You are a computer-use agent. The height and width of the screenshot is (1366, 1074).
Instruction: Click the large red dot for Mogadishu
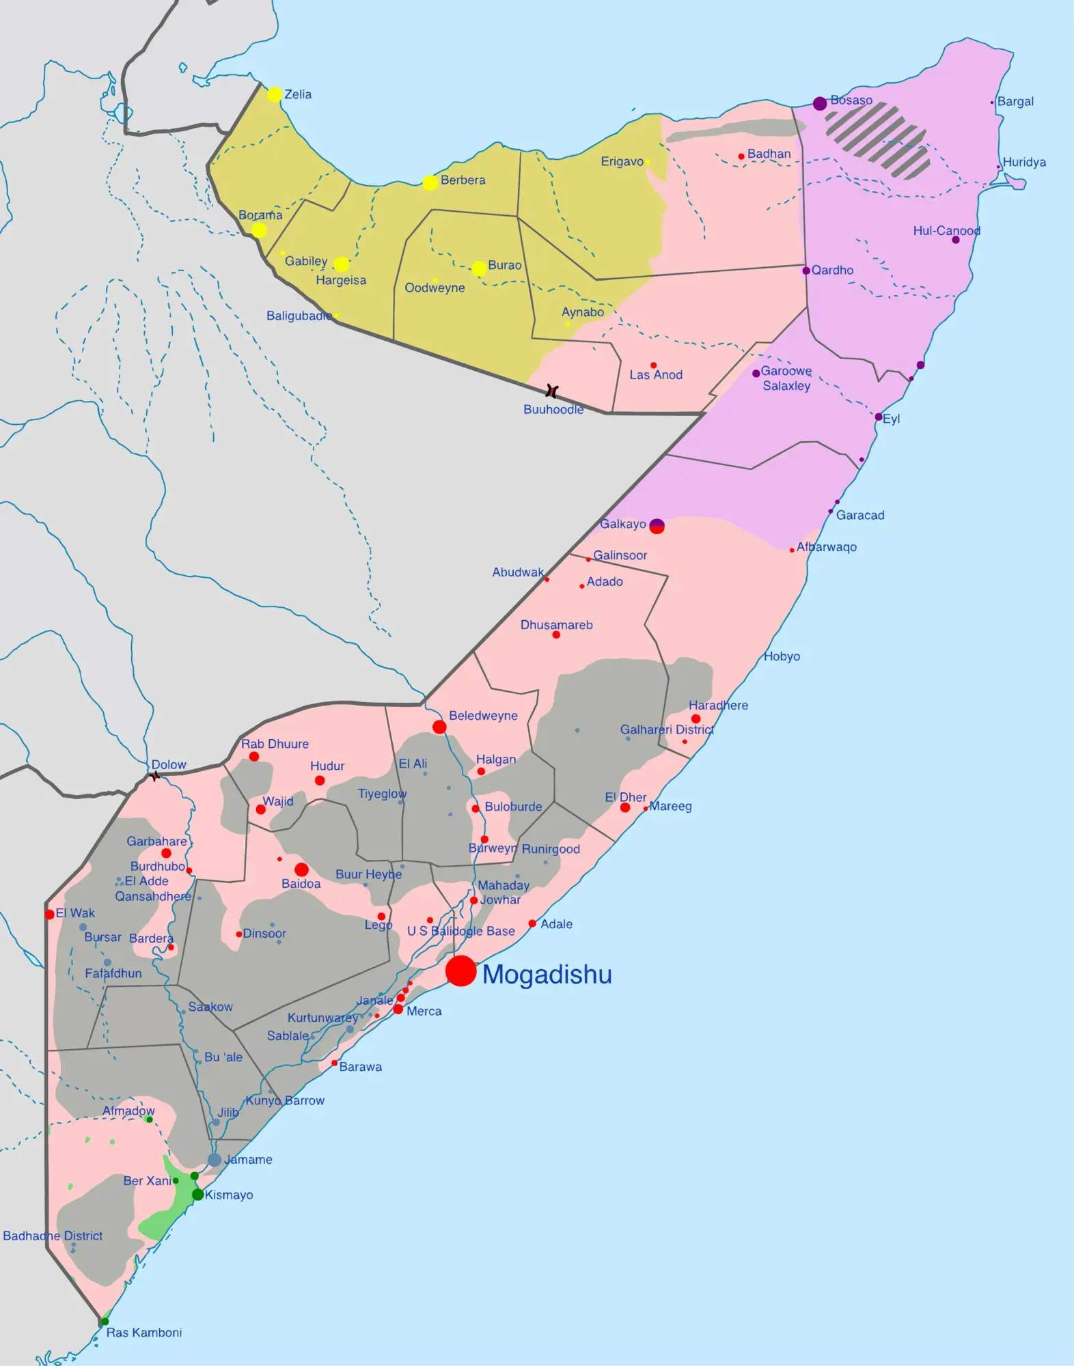(461, 971)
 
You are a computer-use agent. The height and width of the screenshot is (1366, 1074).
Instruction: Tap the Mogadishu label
(547, 975)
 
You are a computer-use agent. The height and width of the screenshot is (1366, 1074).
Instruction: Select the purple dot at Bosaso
(820, 104)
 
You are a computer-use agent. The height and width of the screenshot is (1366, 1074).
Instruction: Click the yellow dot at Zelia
(275, 94)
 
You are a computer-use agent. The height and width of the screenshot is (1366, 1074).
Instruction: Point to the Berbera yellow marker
(430, 183)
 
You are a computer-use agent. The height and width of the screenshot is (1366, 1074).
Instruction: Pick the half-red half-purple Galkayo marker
(657, 526)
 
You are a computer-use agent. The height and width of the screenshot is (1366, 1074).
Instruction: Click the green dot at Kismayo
(197, 1195)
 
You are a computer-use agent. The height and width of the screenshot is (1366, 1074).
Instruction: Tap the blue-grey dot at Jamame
(215, 1160)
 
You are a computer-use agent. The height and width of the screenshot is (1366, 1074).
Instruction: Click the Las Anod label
(656, 375)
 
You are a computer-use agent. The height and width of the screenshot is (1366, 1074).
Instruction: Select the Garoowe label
(786, 371)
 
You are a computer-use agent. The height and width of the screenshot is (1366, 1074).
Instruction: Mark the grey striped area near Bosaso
(878, 140)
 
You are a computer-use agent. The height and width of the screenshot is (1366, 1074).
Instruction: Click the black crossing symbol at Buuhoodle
(552, 391)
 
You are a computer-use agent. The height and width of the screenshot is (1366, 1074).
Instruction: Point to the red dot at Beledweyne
(439, 727)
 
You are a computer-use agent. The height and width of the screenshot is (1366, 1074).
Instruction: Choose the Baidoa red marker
(301, 869)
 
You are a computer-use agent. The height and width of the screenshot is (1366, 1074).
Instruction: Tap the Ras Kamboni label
(144, 1333)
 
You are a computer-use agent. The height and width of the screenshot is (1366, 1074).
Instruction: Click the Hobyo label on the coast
(782, 656)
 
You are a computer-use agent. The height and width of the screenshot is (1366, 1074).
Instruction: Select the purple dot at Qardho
(806, 271)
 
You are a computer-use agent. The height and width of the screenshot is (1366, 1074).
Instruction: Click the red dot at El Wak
(49, 915)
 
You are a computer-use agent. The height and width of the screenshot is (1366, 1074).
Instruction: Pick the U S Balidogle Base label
(461, 931)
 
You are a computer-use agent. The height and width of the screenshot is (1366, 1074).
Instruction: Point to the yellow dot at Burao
(480, 268)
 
